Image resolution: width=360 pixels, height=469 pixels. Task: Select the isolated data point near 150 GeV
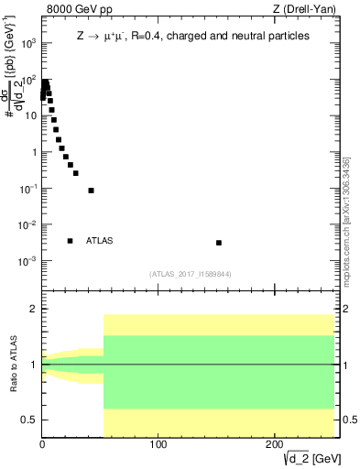coord(219,243)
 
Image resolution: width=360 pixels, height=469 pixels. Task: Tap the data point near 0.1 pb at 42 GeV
coord(91,191)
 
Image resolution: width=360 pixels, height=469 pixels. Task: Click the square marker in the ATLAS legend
coord(70,241)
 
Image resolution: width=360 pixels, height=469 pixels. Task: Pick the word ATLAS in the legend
coord(99,241)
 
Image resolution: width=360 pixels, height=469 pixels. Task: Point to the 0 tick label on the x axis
coord(42,445)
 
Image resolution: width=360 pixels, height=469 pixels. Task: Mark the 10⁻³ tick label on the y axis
coord(27,261)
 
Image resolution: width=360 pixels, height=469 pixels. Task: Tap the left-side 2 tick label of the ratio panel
coord(33,310)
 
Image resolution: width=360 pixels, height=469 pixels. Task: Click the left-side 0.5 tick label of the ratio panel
coord(29,420)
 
